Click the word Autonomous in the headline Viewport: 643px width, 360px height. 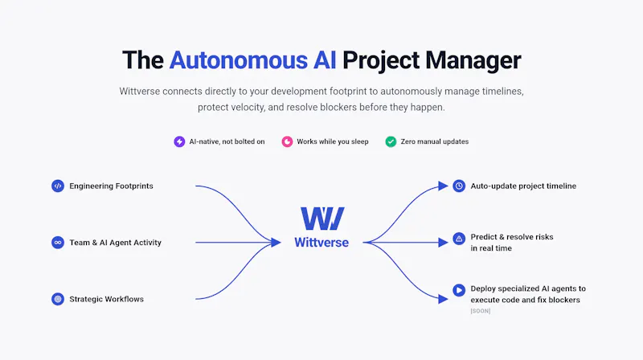238,60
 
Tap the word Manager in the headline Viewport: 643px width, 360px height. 473,60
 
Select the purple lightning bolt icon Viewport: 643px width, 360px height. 179,141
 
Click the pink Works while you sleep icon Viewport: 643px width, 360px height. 287,141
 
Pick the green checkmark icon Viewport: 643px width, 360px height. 391,141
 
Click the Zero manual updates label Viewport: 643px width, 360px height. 435,141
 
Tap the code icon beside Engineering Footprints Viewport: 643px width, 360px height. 58,186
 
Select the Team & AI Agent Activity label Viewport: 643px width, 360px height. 115,243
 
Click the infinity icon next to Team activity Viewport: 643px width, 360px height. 58,243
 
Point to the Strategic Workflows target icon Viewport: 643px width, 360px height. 58,299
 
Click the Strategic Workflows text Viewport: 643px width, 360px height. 107,299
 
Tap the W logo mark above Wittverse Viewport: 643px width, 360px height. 322,218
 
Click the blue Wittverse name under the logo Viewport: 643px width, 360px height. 321,243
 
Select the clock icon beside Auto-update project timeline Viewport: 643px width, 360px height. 459,186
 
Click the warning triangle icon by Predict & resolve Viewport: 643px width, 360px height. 459,238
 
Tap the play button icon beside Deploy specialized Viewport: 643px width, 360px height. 459,290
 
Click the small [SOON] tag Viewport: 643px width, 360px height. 480,311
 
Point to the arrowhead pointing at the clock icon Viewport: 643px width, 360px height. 443,186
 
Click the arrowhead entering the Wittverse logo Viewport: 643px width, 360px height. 276,243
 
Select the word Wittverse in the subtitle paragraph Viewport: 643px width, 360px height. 139,91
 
